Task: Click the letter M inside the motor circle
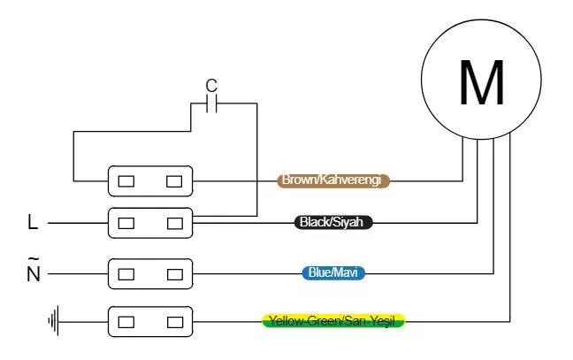point(482,83)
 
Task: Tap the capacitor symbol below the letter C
point(210,104)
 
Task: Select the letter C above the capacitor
point(210,86)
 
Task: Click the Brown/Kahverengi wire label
point(334,180)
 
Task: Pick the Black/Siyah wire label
point(333,223)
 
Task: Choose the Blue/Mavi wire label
point(333,273)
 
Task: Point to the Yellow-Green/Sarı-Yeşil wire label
point(333,320)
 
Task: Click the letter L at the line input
point(33,224)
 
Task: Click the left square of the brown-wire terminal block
point(126,181)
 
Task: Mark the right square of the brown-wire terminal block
point(174,181)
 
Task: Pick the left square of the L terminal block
point(126,223)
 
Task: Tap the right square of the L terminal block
point(174,223)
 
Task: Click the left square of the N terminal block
point(126,273)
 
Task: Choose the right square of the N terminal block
point(174,273)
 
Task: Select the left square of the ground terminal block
point(126,320)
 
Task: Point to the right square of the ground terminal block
point(174,320)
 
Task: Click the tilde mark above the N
point(34,257)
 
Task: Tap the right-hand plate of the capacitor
point(215,104)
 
